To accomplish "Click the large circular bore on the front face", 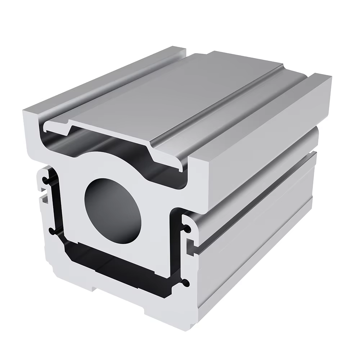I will point(112,210).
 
